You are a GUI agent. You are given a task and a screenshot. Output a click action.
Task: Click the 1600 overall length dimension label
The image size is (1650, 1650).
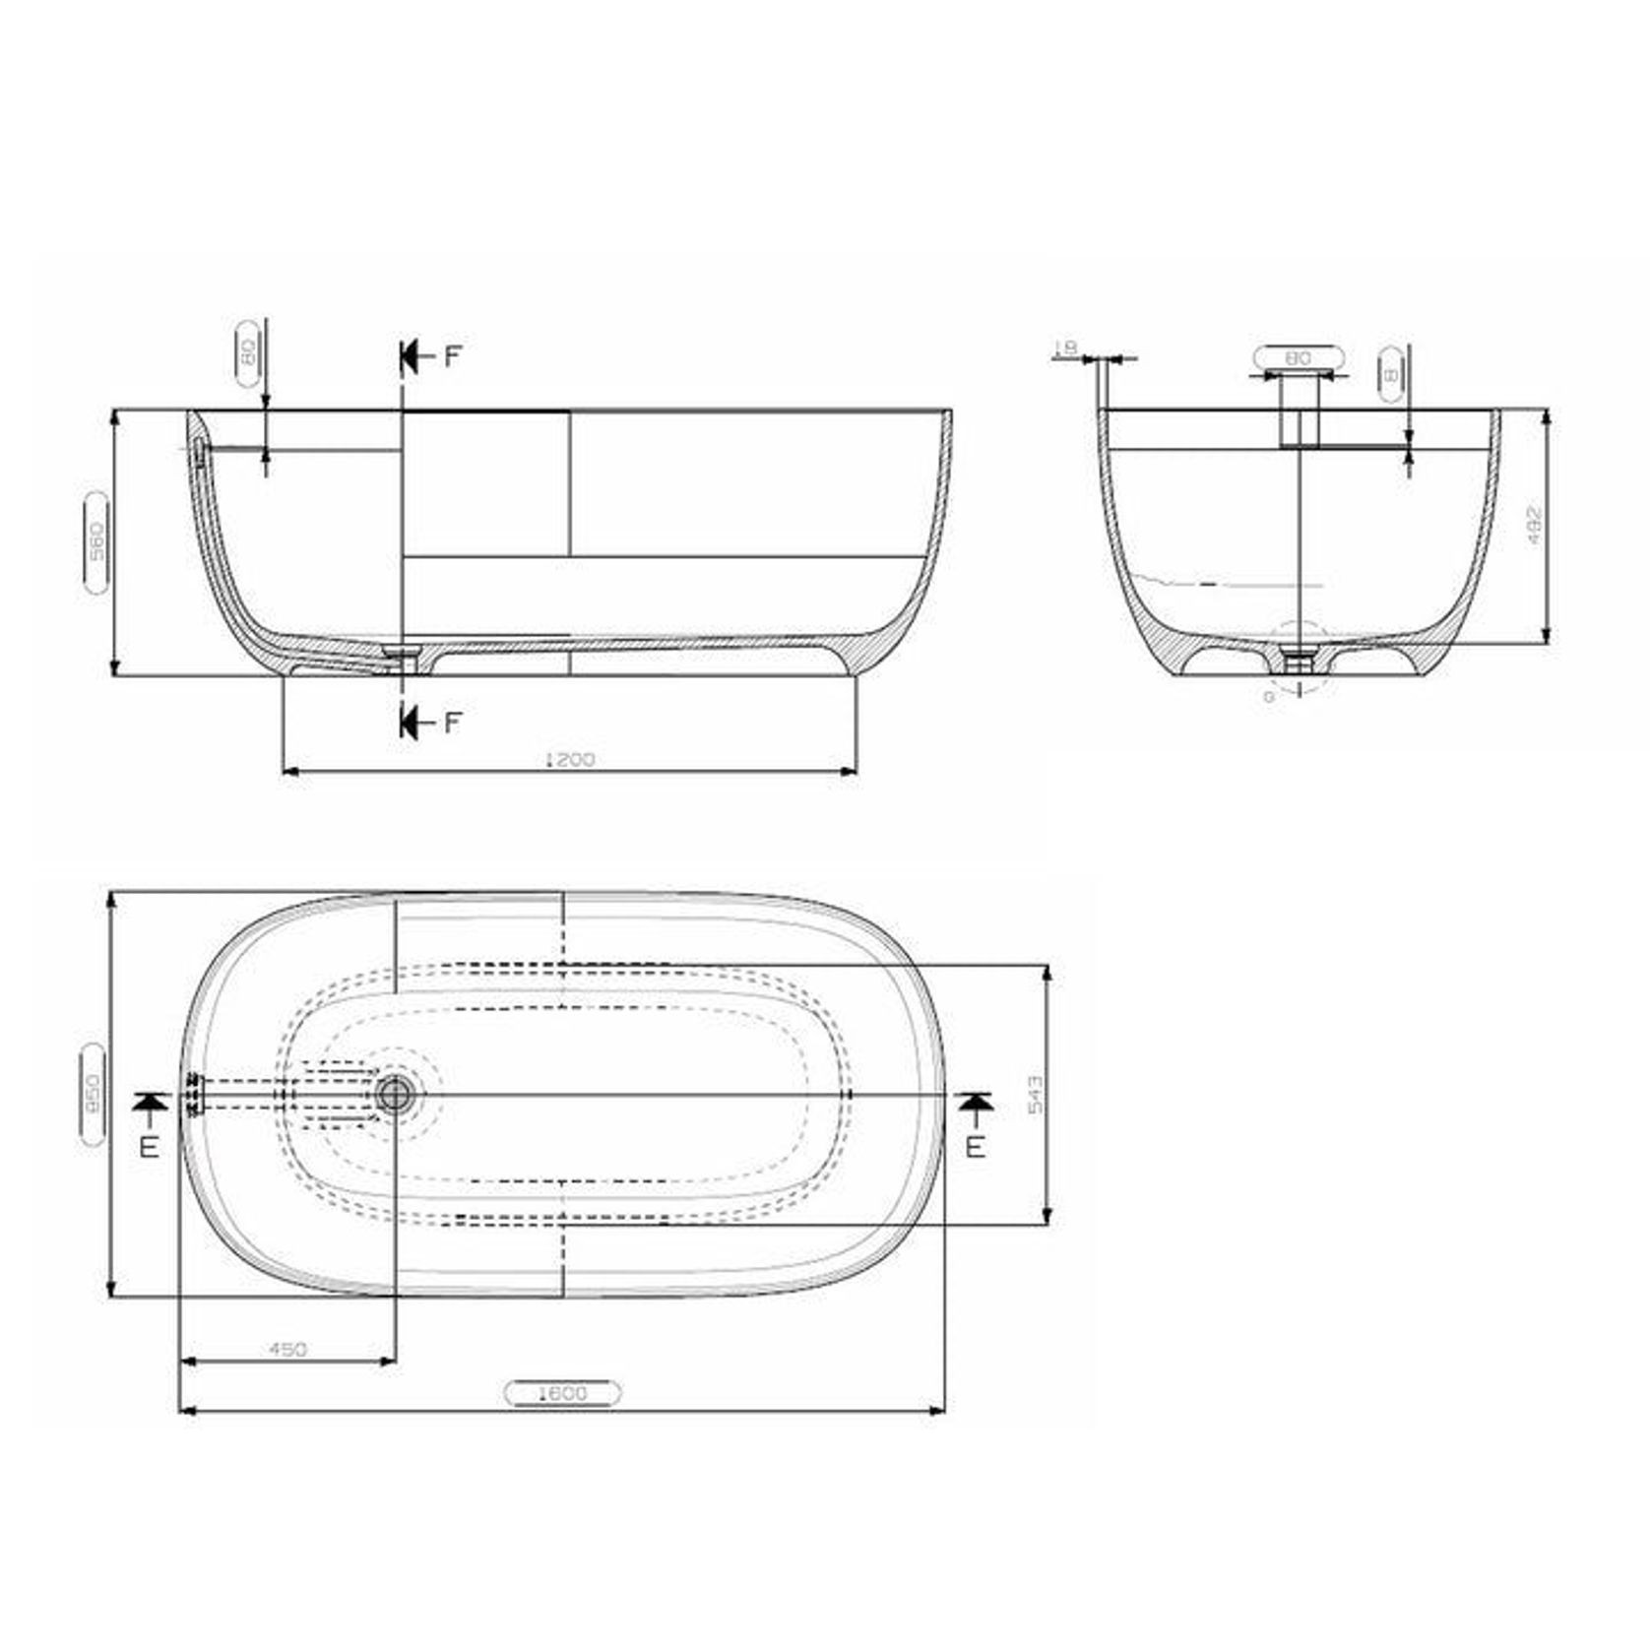pos(562,1393)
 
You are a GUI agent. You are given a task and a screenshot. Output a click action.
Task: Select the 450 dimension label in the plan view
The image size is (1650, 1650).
pos(287,1349)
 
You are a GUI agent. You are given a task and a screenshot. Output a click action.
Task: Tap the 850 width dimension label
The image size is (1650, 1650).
pos(93,1094)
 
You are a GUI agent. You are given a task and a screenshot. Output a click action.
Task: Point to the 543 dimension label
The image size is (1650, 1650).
pos(1035,1095)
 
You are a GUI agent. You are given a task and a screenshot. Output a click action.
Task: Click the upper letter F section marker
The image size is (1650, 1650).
pos(452,356)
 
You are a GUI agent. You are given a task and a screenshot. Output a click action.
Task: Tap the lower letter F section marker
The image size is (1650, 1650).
pos(452,724)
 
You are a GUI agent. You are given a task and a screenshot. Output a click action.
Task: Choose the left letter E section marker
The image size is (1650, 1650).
pos(150,1146)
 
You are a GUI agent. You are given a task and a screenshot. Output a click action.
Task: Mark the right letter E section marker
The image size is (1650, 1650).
pos(975,1146)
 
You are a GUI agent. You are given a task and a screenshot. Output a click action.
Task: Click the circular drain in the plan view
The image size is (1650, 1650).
pos(396,1093)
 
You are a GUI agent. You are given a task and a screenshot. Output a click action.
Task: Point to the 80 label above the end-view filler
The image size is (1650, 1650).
pos(1300,358)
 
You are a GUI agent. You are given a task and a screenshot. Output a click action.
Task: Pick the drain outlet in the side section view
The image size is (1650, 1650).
pos(402,654)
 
